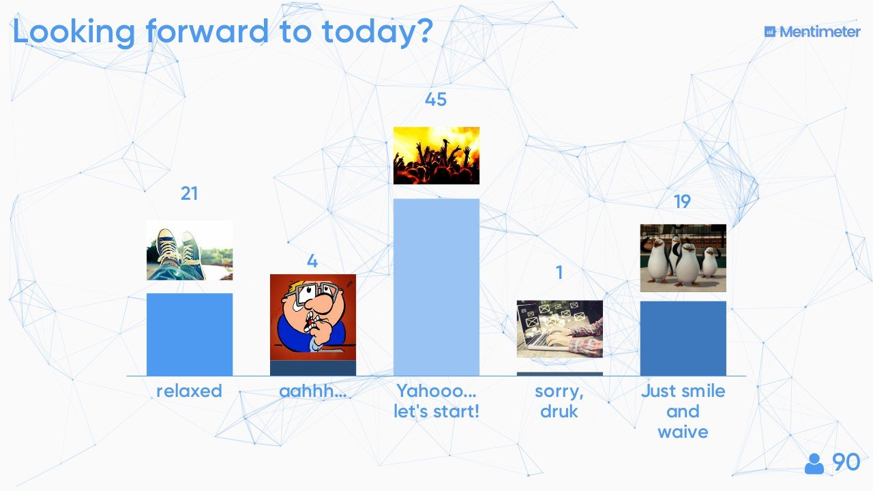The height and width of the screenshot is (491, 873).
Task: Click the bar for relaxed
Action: click(190, 334)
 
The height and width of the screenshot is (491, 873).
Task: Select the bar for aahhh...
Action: click(313, 368)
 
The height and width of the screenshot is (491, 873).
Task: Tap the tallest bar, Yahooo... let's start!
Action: click(436, 287)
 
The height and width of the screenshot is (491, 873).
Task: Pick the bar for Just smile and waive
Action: click(683, 339)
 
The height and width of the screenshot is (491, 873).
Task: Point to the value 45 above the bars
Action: click(436, 100)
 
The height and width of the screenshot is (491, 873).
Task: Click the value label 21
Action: click(190, 194)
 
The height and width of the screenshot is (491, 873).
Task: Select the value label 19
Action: click(682, 202)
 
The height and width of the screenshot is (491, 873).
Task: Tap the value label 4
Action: click(312, 261)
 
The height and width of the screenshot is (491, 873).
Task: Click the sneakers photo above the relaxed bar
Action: click(190, 250)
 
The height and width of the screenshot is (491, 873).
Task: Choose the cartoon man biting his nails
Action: click(313, 317)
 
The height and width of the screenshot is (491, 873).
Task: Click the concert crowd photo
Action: click(436, 155)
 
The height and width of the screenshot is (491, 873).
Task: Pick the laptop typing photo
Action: click(560, 329)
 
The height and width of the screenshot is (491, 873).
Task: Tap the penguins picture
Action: click(683, 258)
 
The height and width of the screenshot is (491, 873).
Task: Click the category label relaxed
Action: click(190, 391)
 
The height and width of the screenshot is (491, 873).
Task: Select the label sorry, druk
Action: click(559, 402)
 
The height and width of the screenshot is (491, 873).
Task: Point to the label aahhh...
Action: click(312, 391)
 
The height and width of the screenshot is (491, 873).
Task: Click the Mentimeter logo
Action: click(812, 32)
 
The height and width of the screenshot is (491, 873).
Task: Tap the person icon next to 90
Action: click(814, 464)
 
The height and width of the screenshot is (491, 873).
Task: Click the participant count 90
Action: click(846, 462)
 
